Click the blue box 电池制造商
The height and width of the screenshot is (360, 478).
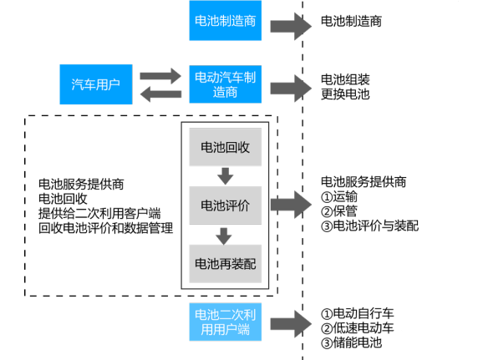pos(226,20)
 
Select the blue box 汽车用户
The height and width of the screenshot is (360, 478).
pos(96,84)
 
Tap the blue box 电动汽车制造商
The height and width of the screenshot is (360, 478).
pos(226,84)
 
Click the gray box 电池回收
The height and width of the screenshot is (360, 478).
pos(226,147)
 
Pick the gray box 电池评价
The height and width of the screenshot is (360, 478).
pos(226,205)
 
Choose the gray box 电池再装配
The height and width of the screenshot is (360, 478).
pos(226,264)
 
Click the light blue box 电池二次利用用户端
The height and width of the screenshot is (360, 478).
pos(226,322)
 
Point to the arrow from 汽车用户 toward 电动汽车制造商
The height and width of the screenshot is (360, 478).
pos(160,76)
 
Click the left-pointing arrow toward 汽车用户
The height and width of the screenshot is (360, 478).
pos(160,94)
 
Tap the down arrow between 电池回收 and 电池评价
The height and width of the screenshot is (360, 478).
pos(226,176)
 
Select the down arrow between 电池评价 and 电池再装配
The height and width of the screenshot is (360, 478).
pos(224,236)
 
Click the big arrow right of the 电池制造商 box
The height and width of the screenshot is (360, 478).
pos(291,26)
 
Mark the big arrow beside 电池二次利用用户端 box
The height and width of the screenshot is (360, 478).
pos(291,324)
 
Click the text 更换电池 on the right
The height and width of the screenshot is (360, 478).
pos(345,94)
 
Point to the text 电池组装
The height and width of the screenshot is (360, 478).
pos(345,79)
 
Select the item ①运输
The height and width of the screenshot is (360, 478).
pos(339,196)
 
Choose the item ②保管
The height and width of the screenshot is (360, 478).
pos(339,211)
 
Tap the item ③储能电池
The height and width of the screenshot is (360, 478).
pos(351,342)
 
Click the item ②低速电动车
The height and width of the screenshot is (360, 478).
pos(358,328)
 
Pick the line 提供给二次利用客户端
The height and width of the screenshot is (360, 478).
pos(99,213)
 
